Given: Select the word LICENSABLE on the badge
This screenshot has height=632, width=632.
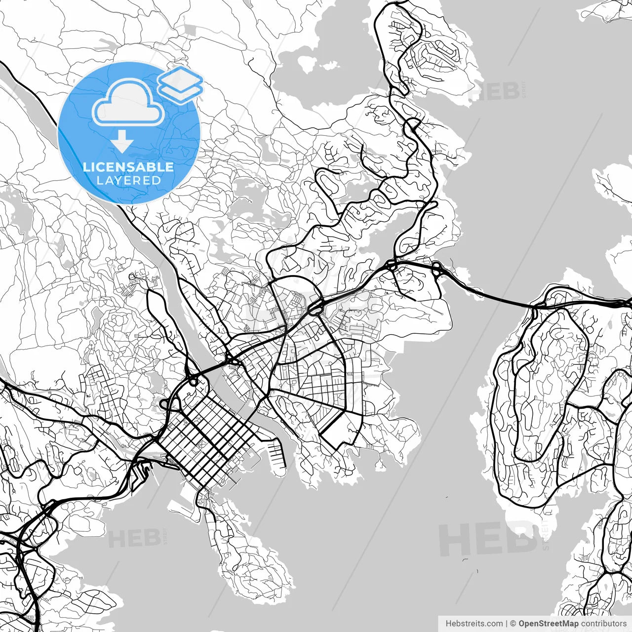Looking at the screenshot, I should (x=128, y=167).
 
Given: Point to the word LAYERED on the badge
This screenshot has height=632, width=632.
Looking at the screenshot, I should (x=128, y=180).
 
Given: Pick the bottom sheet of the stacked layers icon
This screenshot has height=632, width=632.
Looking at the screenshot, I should (x=181, y=91).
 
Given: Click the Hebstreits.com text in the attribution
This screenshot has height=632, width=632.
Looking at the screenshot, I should (x=474, y=624).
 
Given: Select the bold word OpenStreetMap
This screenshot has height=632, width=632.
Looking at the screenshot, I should (x=548, y=624).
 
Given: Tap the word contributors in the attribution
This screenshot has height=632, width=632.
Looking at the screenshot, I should (x=603, y=624).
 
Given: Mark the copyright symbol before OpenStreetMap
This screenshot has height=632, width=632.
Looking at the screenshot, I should (x=513, y=624).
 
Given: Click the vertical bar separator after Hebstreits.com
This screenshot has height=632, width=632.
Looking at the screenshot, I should (x=507, y=624).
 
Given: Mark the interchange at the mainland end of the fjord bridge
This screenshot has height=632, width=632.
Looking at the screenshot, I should (x=436, y=269).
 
